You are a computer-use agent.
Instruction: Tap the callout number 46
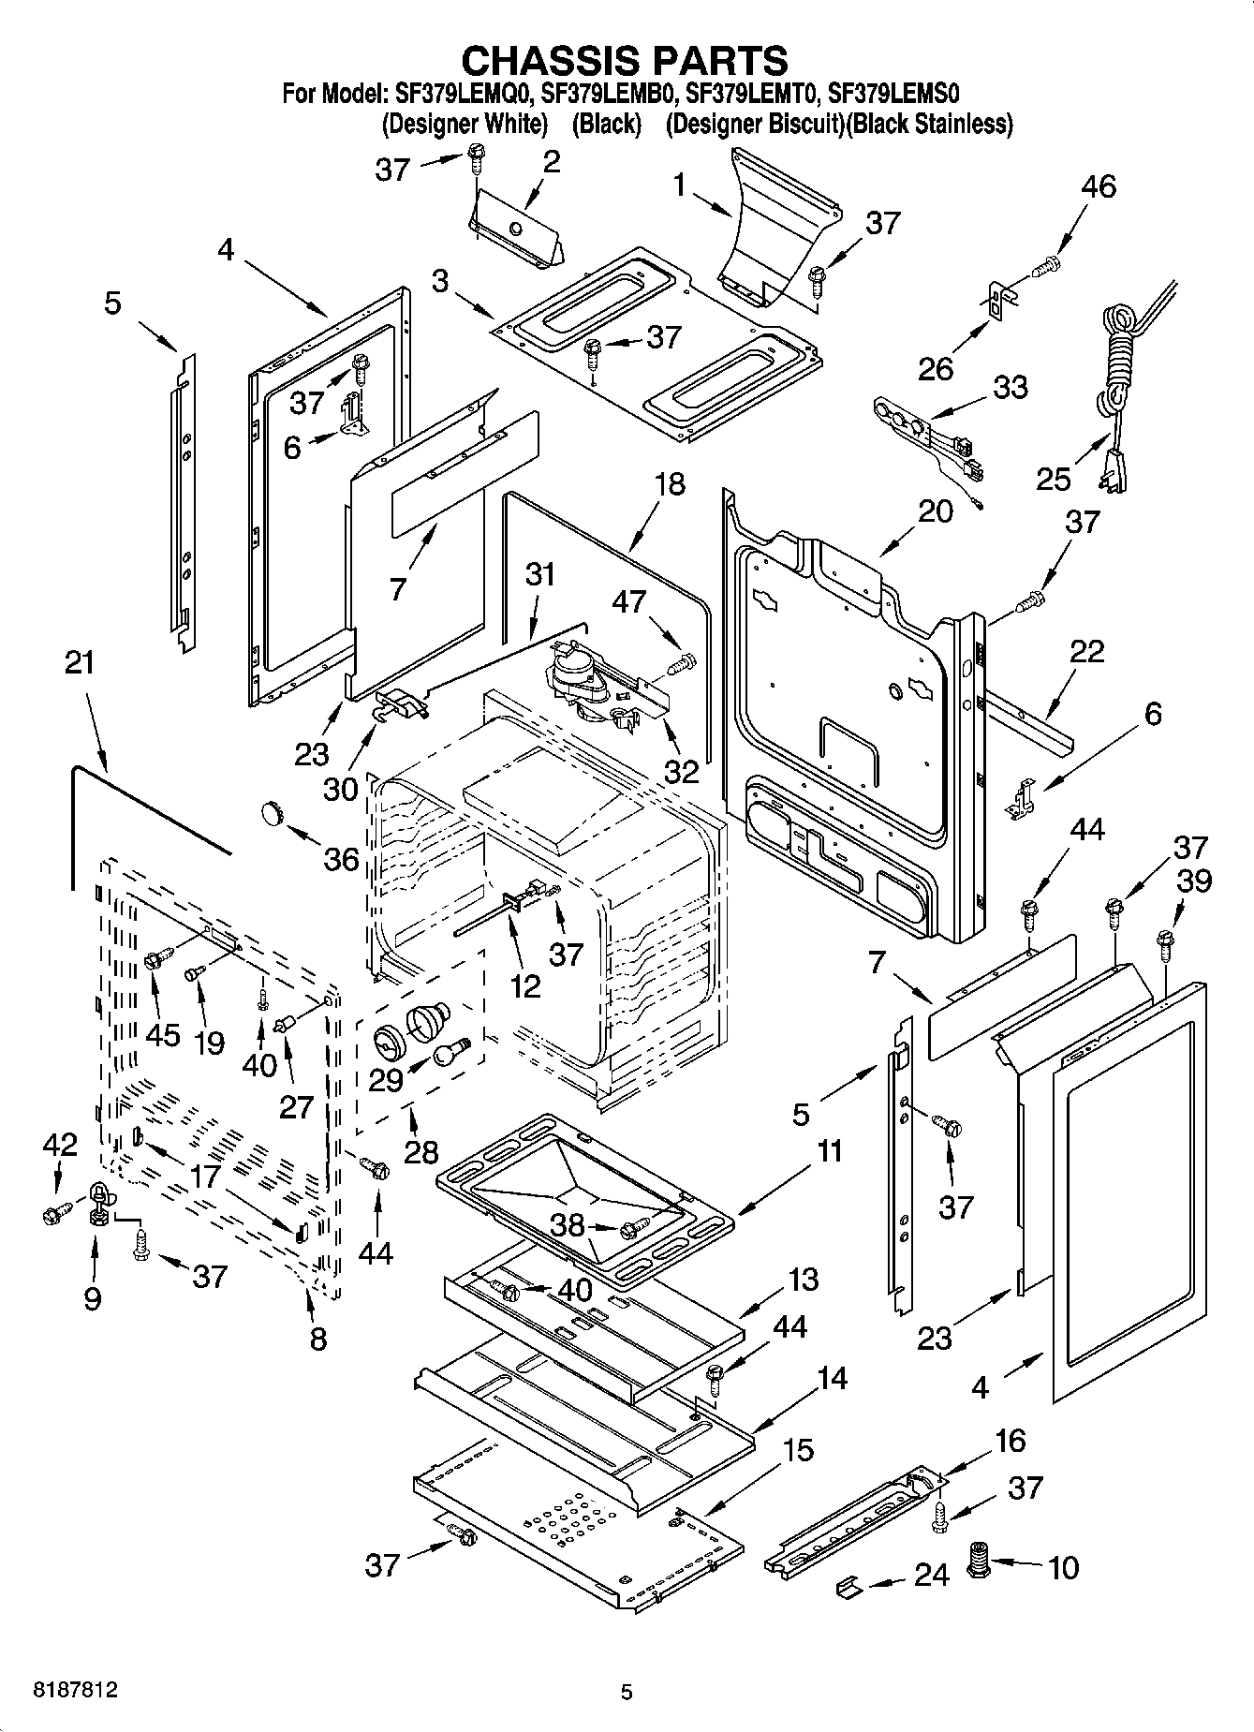pyautogui.click(x=1099, y=186)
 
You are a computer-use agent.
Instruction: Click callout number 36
pyautogui.click(x=341, y=858)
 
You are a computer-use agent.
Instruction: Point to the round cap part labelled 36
pyautogui.click(x=272, y=812)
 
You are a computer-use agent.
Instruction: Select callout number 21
pyautogui.click(x=80, y=663)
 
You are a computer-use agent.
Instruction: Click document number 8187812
pyautogui.click(x=76, y=1692)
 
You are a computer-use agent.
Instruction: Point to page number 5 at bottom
pyautogui.click(x=627, y=1692)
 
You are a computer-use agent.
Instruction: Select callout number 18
pyautogui.click(x=669, y=484)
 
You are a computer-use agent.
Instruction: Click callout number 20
pyautogui.click(x=935, y=511)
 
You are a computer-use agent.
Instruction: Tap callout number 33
pyautogui.click(x=1010, y=387)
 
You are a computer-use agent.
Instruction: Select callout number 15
pyautogui.click(x=797, y=1450)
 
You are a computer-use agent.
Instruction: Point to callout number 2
pyautogui.click(x=551, y=161)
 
